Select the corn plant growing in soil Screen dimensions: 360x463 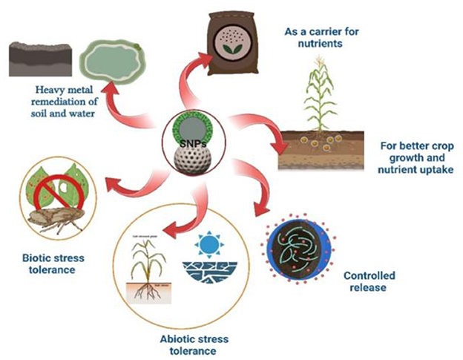point(321,104)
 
